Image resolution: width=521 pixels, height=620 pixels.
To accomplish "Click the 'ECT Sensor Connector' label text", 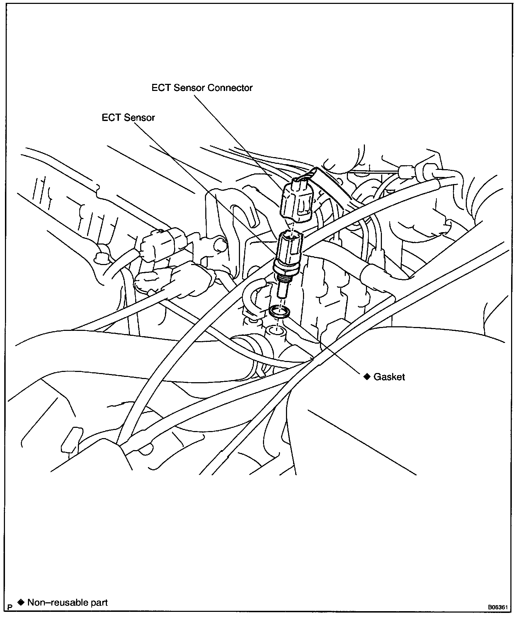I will click(x=202, y=88).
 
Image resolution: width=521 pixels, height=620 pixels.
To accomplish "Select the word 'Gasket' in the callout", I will click(x=389, y=377).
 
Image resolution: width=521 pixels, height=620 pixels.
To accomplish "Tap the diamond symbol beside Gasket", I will click(x=367, y=377).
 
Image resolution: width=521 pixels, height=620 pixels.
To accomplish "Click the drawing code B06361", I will click(x=498, y=607).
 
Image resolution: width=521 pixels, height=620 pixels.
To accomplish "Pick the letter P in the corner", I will click(x=10, y=607).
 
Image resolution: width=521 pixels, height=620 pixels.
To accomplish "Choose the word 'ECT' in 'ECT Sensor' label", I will click(x=111, y=117).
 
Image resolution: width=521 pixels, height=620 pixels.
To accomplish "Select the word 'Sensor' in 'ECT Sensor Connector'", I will click(x=189, y=88).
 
